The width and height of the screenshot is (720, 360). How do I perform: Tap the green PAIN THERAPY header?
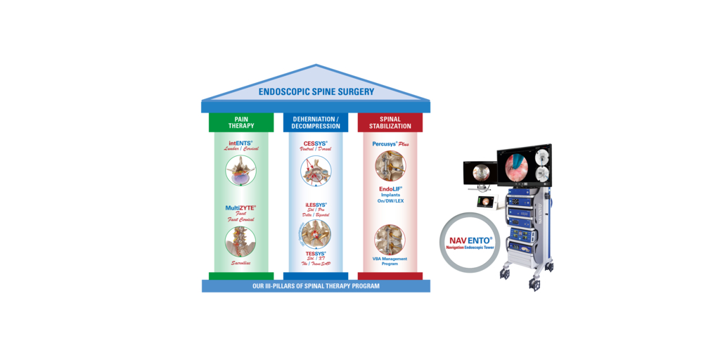(x=241, y=122)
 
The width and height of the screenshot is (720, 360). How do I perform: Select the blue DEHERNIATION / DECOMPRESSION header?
(x=315, y=122)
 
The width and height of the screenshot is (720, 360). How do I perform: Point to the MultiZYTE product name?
(x=240, y=208)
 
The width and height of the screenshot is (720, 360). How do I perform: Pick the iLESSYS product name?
(x=315, y=205)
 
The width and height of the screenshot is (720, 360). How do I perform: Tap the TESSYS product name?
(x=315, y=252)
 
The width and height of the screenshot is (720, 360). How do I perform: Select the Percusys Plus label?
(x=390, y=143)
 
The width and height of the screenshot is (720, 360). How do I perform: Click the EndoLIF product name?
(x=390, y=189)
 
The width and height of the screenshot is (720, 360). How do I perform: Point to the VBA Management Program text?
(x=390, y=262)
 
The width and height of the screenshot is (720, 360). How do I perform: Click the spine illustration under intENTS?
(x=240, y=170)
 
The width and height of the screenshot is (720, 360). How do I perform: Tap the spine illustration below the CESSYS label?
(x=315, y=171)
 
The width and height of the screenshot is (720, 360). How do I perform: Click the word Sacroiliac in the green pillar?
(x=240, y=262)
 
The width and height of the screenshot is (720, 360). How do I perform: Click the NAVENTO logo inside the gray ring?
(x=470, y=241)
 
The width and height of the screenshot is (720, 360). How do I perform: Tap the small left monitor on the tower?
(x=481, y=172)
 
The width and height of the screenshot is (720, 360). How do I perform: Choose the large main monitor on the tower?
(x=525, y=166)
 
